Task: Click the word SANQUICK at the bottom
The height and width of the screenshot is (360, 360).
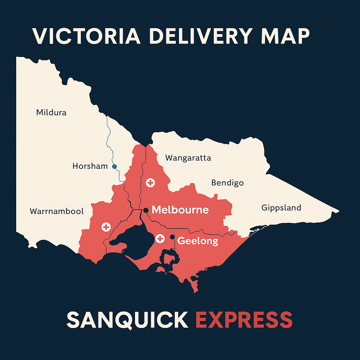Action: (x=127, y=320)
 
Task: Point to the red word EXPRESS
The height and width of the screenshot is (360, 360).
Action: (x=244, y=320)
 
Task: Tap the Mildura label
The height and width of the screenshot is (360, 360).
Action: (x=51, y=112)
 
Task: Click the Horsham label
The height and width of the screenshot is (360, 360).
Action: (x=90, y=166)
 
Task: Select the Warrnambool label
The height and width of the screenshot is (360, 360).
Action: (x=57, y=211)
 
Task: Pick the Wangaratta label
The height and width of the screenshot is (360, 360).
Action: (x=188, y=157)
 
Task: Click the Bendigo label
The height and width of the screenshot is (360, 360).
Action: (x=227, y=183)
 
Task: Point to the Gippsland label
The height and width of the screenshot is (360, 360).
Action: (x=281, y=207)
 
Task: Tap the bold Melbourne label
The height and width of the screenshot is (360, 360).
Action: (x=180, y=210)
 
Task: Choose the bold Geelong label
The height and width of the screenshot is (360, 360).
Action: (x=198, y=241)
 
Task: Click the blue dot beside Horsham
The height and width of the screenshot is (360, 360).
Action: (x=114, y=166)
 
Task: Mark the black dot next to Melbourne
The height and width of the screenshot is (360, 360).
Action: (x=146, y=210)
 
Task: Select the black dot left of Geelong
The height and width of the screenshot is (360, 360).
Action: (x=172, y=237)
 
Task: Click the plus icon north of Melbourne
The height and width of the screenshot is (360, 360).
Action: (x=150, y=182)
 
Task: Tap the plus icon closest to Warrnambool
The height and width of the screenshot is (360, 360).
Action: (x=106, y=227)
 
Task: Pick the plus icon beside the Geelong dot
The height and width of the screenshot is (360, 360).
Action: (x=160, y=239)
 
